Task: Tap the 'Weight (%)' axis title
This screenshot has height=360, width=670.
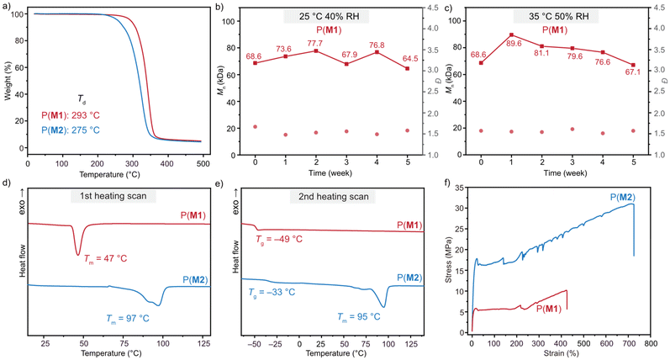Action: pyautogui.click(x=8, y=84)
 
